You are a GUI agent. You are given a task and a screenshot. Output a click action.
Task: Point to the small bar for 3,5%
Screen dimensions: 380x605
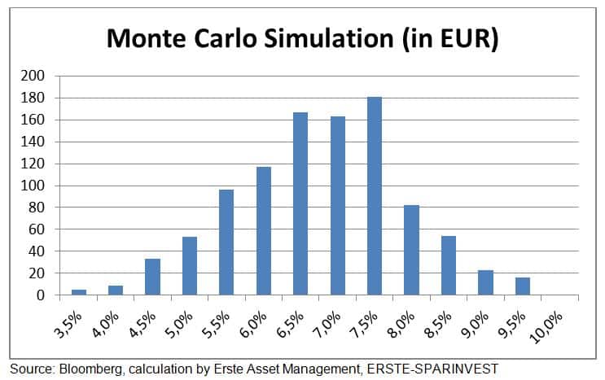(x=78, y=291)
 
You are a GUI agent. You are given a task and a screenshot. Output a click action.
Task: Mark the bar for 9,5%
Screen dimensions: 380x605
(x=522, y=286)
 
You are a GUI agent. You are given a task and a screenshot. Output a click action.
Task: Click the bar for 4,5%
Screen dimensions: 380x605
(x=152, y=277)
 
